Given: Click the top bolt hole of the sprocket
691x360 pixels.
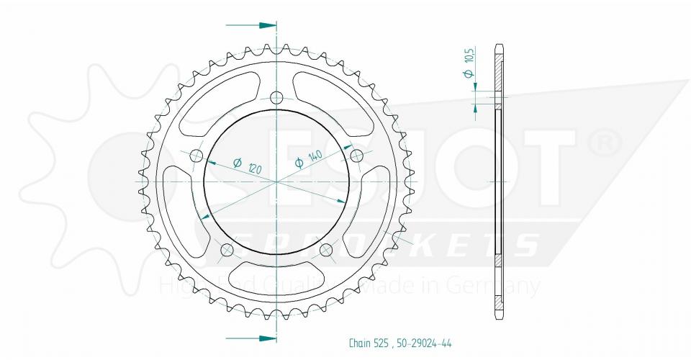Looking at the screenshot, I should tap(277, 98).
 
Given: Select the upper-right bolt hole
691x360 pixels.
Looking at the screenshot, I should tap(356, 156).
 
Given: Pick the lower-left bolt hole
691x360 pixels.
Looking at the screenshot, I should tap(227, 251).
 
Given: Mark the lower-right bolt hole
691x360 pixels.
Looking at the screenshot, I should tap(326, 250).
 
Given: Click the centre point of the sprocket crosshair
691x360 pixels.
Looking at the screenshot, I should tap(277, 181).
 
